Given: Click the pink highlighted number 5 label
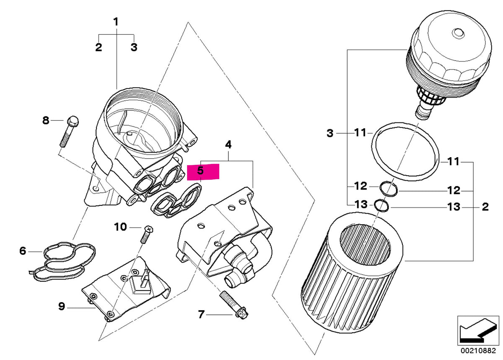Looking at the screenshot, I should (x=203, y=172).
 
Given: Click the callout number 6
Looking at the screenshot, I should (x=23, y=251).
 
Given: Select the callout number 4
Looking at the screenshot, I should (x=228, y=145).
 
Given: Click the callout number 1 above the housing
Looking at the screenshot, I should (x=116, y=21).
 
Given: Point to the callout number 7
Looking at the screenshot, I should (x=201, y=314).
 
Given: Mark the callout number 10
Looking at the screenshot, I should (x=120, y=227).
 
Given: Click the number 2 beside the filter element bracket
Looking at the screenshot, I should (x=485, y=207).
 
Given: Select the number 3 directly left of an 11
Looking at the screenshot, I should (x=330, y=134).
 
